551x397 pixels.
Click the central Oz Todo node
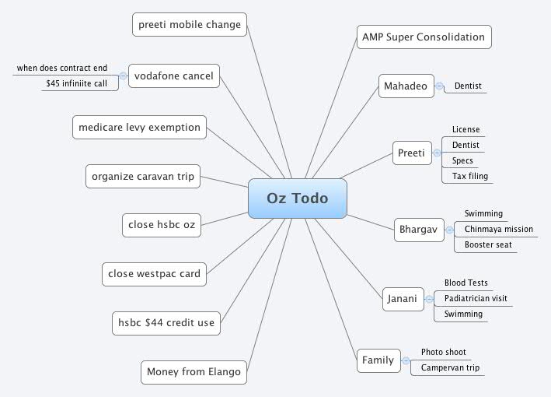point(297,198)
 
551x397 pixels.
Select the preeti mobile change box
point(190,24)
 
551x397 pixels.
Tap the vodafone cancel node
point(174,76)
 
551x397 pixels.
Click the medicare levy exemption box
point(140,127)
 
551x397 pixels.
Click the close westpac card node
point(154,273)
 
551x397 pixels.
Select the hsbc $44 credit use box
point(166,322)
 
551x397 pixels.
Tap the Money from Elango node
point(194,372)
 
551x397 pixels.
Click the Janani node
point(402,298)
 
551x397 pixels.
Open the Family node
point(378,360)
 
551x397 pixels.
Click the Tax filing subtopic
point(470,177)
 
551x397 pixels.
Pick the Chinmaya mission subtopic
point(499,230)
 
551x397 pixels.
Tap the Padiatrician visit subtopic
point(476,299)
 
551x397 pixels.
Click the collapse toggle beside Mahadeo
point(440,86)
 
